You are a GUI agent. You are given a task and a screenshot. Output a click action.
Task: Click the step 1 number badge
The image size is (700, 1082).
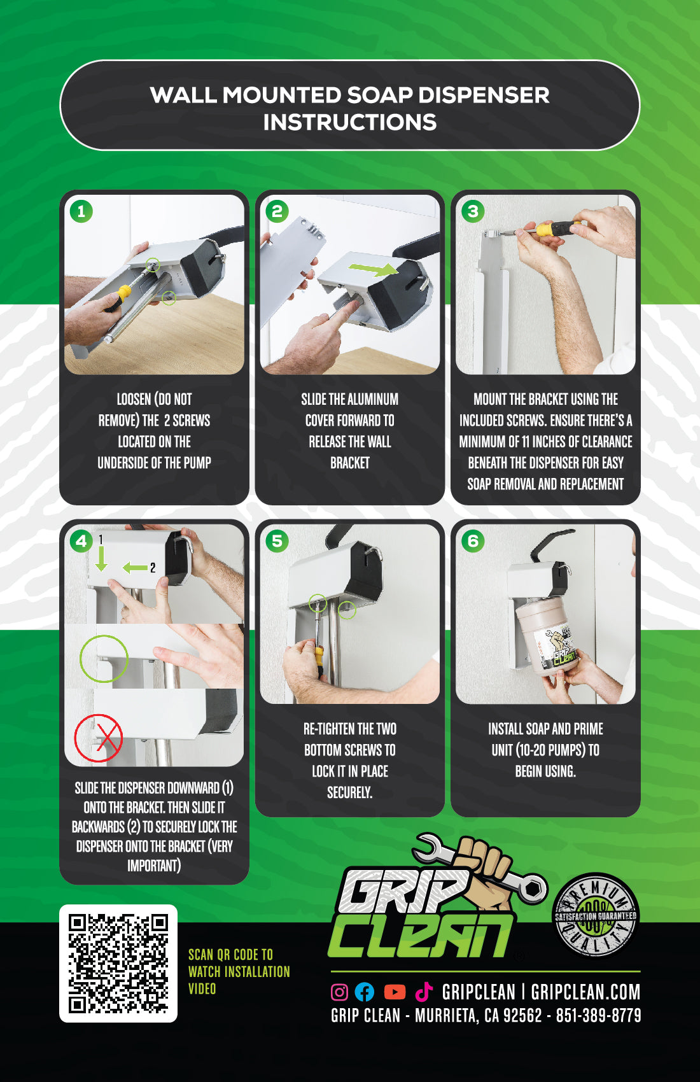coord(81,211)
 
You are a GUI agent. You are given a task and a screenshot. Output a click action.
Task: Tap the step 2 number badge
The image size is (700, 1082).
coord(277,211)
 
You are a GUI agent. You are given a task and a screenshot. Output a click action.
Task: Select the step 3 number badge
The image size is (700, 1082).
coord(473,211)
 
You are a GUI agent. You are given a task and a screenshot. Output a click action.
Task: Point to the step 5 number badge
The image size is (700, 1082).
coord(277,541)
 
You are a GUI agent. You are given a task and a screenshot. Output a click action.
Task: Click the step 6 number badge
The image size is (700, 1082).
coord(473,541)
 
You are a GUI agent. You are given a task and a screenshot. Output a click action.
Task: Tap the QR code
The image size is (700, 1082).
coord(118,963)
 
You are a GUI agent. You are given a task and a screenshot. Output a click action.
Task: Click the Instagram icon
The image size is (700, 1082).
coord(340,992)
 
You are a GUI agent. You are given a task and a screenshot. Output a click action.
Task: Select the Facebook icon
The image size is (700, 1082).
coord(365,992)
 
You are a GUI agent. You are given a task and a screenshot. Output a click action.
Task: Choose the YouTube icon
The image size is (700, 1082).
coord(395,992)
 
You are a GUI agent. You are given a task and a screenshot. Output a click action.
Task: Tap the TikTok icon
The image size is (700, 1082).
coord(424,991)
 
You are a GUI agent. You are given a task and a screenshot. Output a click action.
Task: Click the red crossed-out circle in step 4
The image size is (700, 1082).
coord(99,738)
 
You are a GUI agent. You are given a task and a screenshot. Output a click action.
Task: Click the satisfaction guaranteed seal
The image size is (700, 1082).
coord(596,915)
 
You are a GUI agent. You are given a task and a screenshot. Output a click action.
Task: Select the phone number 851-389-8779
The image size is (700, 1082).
coord(598,1015)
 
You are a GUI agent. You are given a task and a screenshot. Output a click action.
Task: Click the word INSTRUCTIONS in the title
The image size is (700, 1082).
coord(350,122)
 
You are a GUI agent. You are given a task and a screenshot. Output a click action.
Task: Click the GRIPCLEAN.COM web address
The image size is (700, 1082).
coord(585,992)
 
